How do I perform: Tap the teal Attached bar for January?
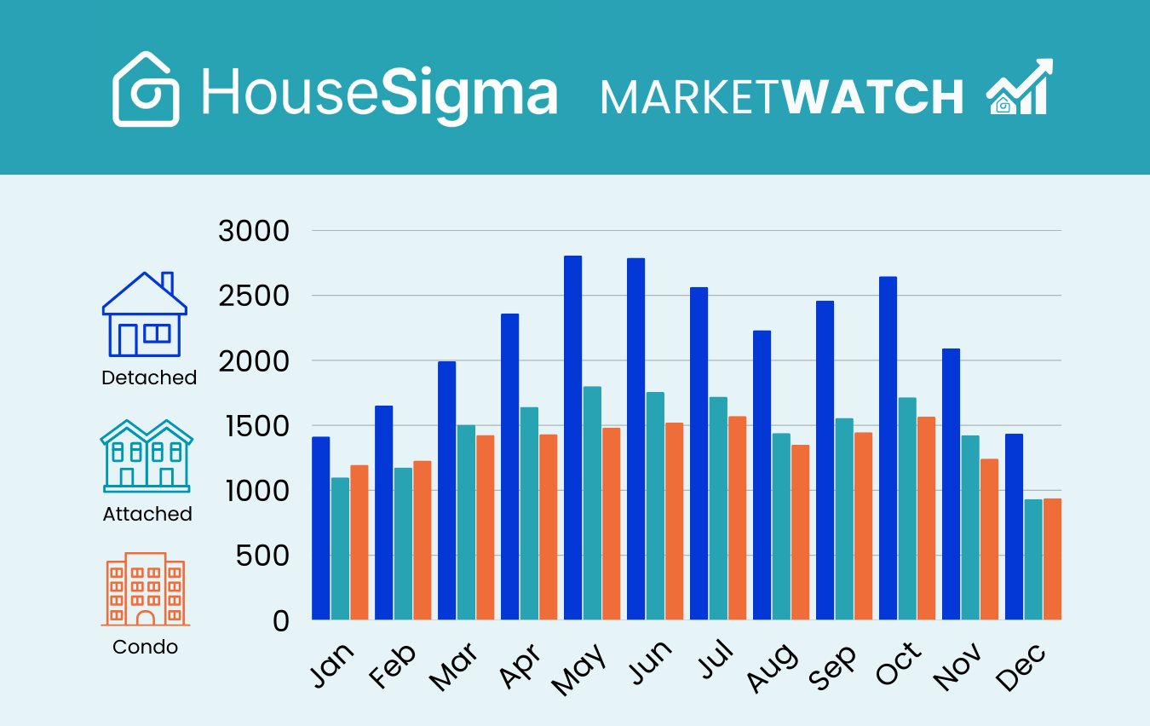340,549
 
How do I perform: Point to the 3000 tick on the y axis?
254,231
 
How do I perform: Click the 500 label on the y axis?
260,556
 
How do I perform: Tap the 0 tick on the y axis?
279,621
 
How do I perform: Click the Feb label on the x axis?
393,665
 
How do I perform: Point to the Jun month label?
649,664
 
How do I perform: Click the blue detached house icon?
145,315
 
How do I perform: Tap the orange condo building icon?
145,590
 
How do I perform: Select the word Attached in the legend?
147,514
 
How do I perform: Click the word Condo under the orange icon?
146,647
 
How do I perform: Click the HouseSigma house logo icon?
147,89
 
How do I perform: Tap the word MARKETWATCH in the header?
782,97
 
